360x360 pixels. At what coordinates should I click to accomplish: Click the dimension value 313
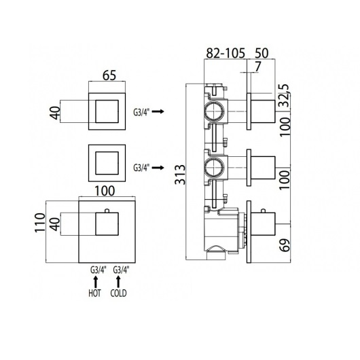tap(180, 175)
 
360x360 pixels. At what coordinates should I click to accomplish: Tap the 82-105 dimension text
tap(226, 53)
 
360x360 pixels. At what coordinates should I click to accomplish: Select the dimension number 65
tap(109, 75)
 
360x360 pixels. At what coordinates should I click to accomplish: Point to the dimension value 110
tap(39, 223)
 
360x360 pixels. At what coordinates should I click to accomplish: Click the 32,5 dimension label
tap(284, 95)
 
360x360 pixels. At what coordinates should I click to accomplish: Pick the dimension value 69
tap(285, 245)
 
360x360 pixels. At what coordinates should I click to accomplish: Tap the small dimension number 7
tap(258, 67)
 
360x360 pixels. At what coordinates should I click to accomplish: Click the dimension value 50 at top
tap(262, 53)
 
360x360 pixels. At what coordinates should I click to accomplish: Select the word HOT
tap(94, 293)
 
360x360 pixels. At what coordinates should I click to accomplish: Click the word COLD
tap(118, 293)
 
